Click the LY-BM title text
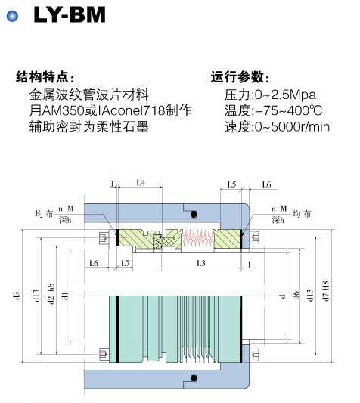[x=70, y=14]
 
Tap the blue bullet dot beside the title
[x=12, y=16]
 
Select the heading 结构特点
[x=42, y=77]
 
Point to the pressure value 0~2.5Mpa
[x=285, y=95]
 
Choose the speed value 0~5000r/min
[x=292, y=127]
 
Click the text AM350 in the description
[x=63, y=111]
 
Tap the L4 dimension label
[x=141, y=183]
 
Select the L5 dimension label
[x=231, y=184]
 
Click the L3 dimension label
[x=201, y=263]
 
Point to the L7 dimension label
[x=126, y=263]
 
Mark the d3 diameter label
[x=16, y=296]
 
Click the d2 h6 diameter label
[x=51, y=294]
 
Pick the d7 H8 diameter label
[x=325, y=290]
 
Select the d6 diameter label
[x=296, y=295]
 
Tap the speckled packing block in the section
[x=157, y=241]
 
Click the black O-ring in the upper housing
[x=194, y=214]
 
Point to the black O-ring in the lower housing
[x=194, y=378]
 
